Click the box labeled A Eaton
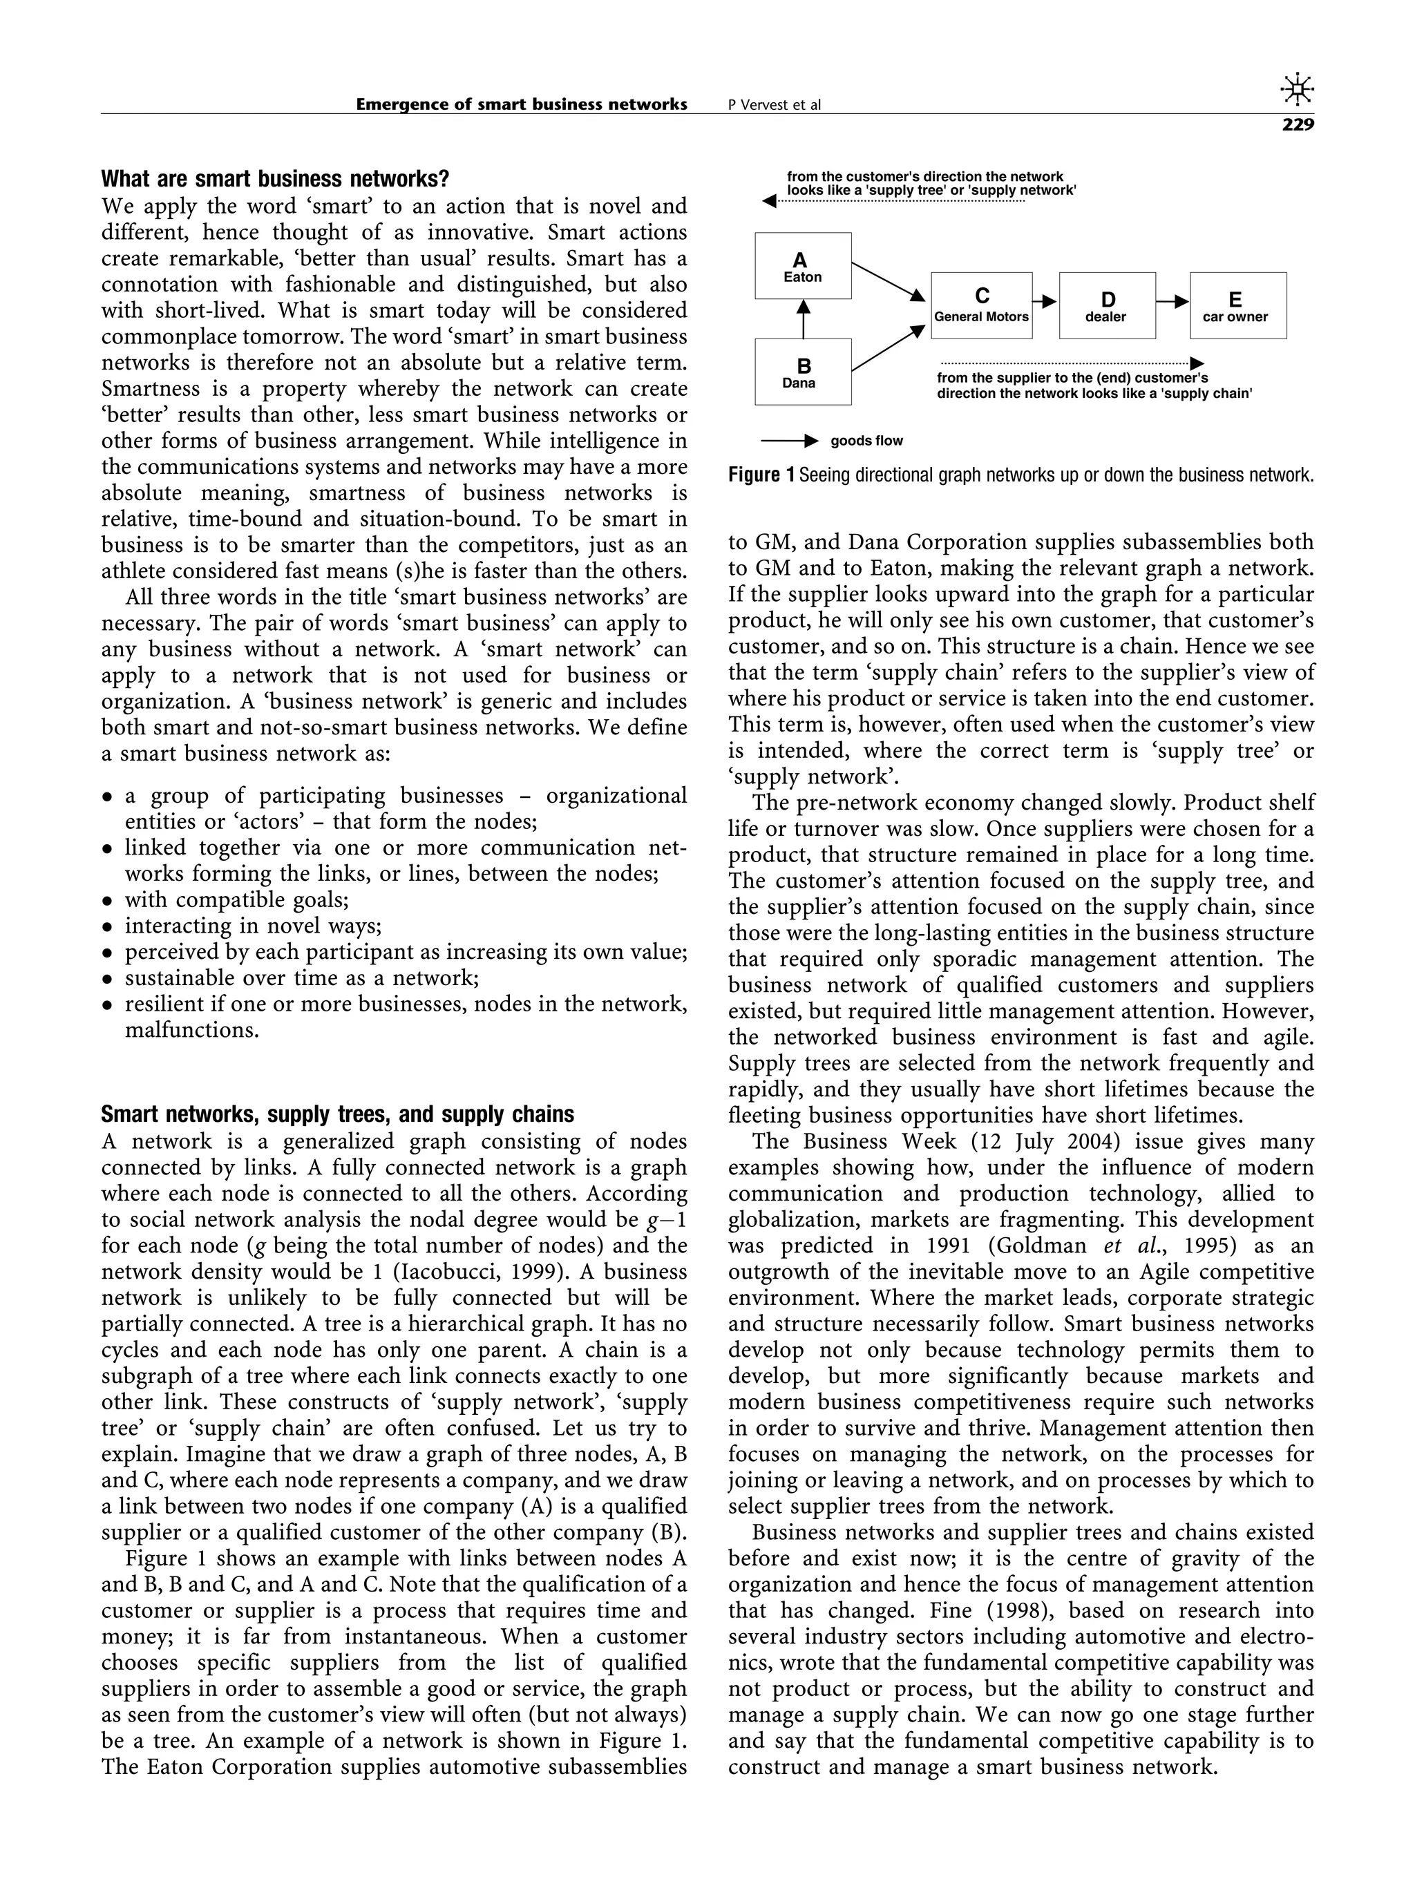pyautogui.click(x=802, y=265)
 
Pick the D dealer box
pyautogui.click(x=1107, y=305)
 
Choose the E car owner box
pyautogui.click(x=1237, y=305)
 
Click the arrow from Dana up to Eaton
pyautogui.click(x=802, y=318)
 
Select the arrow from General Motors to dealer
pyautogui.click(x=1045, y=301)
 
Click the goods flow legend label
pyautogui.click(x=866, y=441)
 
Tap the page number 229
pyautogui.click(x=1298, y=126)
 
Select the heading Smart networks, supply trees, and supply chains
pyautogui.click(x=337, y=1115)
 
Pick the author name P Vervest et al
pyautogui.click(x=774, y=105)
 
